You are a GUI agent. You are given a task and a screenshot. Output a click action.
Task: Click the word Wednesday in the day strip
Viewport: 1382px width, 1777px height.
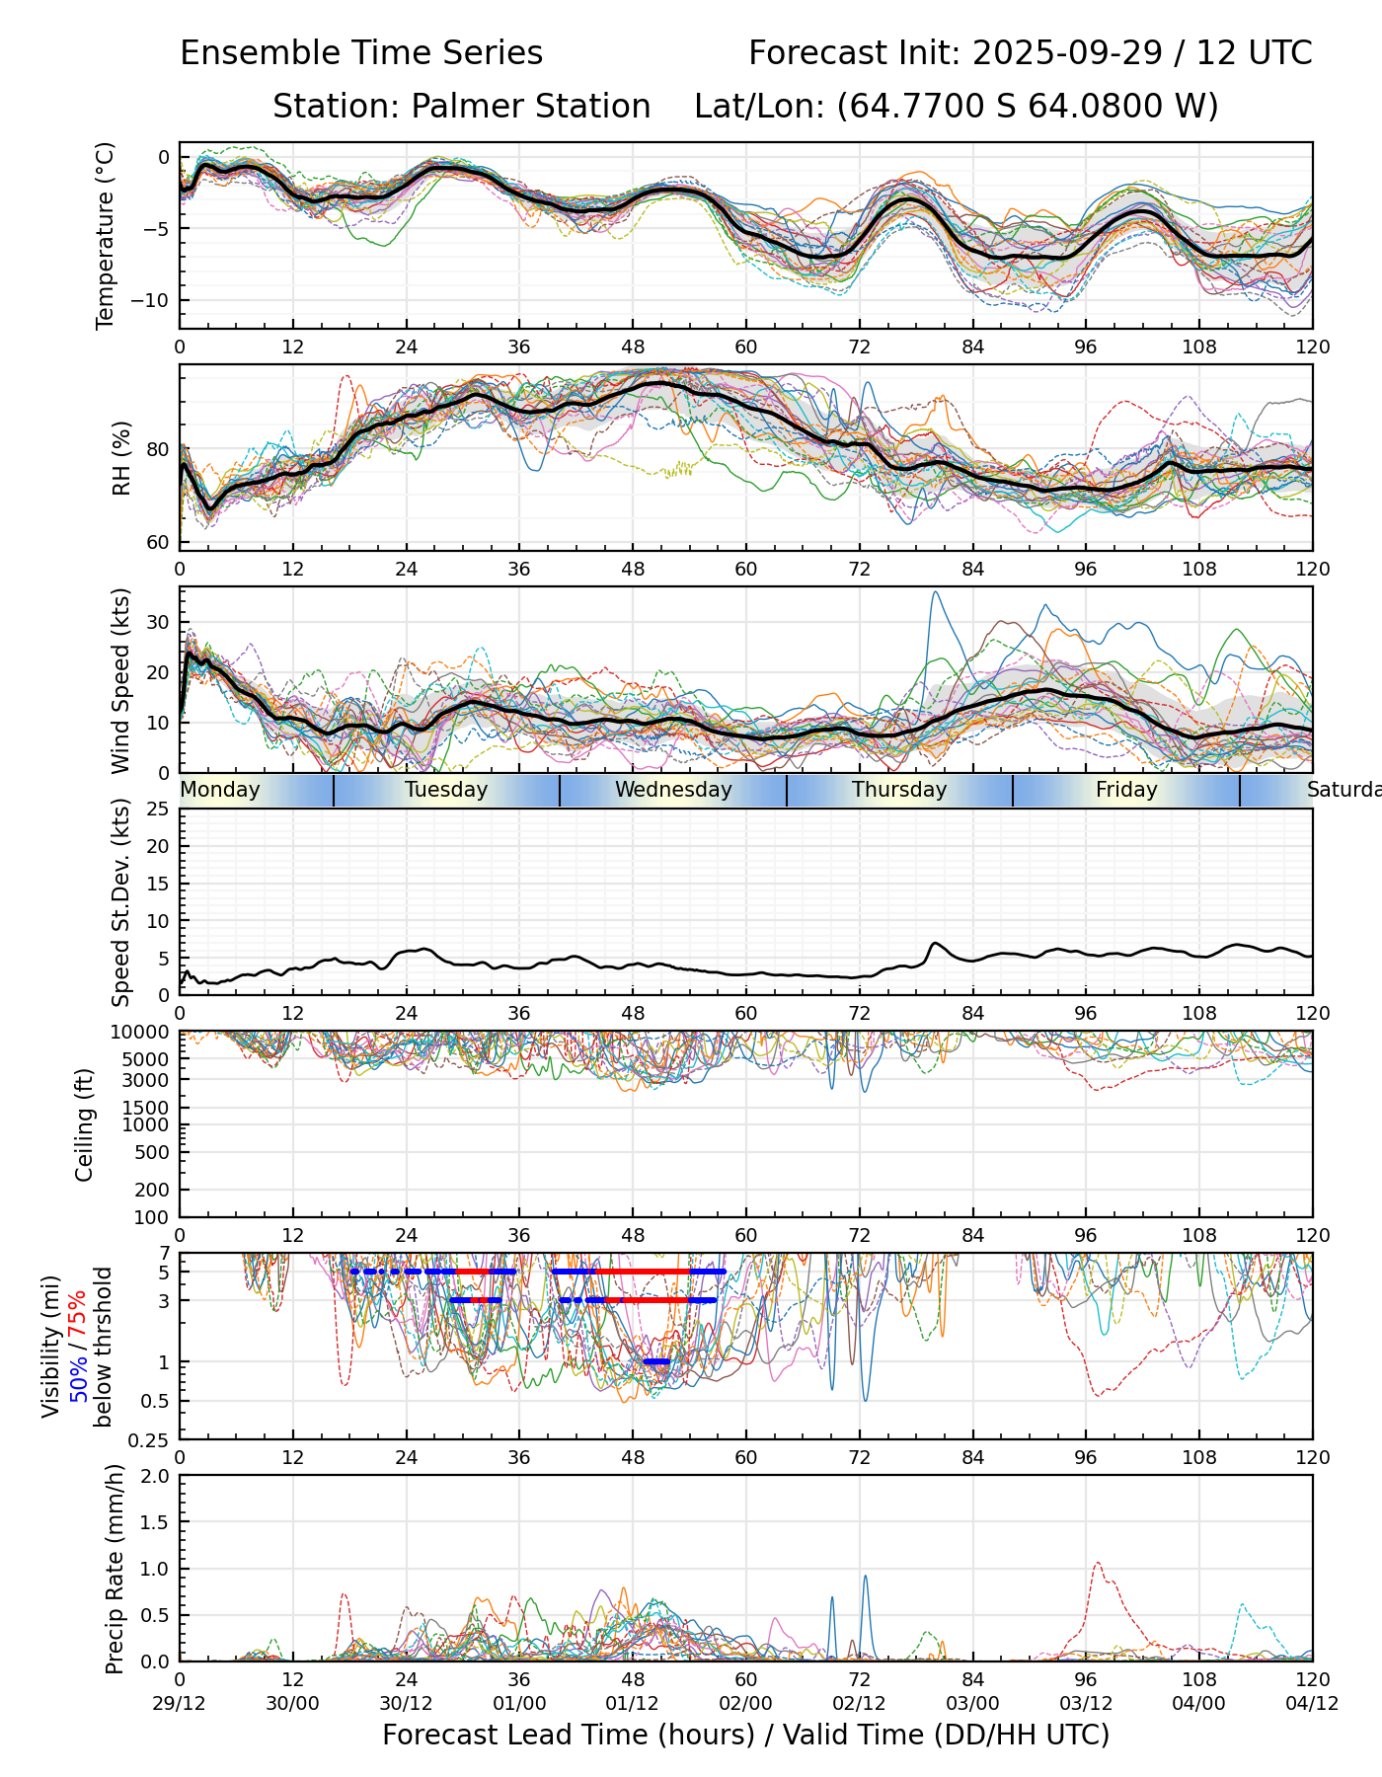pos(673,790)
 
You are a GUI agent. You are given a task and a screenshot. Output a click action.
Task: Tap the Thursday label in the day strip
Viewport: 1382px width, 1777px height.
pos(899,790)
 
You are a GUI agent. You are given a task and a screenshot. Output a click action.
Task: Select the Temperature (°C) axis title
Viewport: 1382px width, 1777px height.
pos(106,235)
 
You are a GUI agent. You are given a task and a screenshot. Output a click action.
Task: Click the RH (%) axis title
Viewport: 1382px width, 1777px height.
pos(121,458)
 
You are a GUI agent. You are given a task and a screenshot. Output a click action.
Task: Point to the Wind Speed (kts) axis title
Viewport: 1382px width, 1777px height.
pos(121,680)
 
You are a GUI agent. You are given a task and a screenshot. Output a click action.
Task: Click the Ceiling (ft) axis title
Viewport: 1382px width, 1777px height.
pos(85,1124)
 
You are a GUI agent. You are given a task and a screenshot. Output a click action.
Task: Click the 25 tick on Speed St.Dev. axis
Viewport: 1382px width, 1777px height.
pos(158,810)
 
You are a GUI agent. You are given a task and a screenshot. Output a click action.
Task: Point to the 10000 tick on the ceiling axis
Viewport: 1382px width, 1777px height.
pos(141,1033)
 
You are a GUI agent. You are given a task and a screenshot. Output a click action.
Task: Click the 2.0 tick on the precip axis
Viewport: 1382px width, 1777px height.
pos(155,1476)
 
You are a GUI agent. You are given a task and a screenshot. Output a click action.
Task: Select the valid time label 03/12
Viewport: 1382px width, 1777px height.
pos(1086,1703)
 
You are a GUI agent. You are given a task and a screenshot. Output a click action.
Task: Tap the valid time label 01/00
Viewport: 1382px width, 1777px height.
pos(519,1703)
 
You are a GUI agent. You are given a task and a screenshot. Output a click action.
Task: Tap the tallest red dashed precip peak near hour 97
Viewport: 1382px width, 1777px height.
pos(1097,1564)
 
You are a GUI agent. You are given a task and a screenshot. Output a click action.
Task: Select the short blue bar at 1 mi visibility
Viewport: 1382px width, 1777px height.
pos(656,1362)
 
